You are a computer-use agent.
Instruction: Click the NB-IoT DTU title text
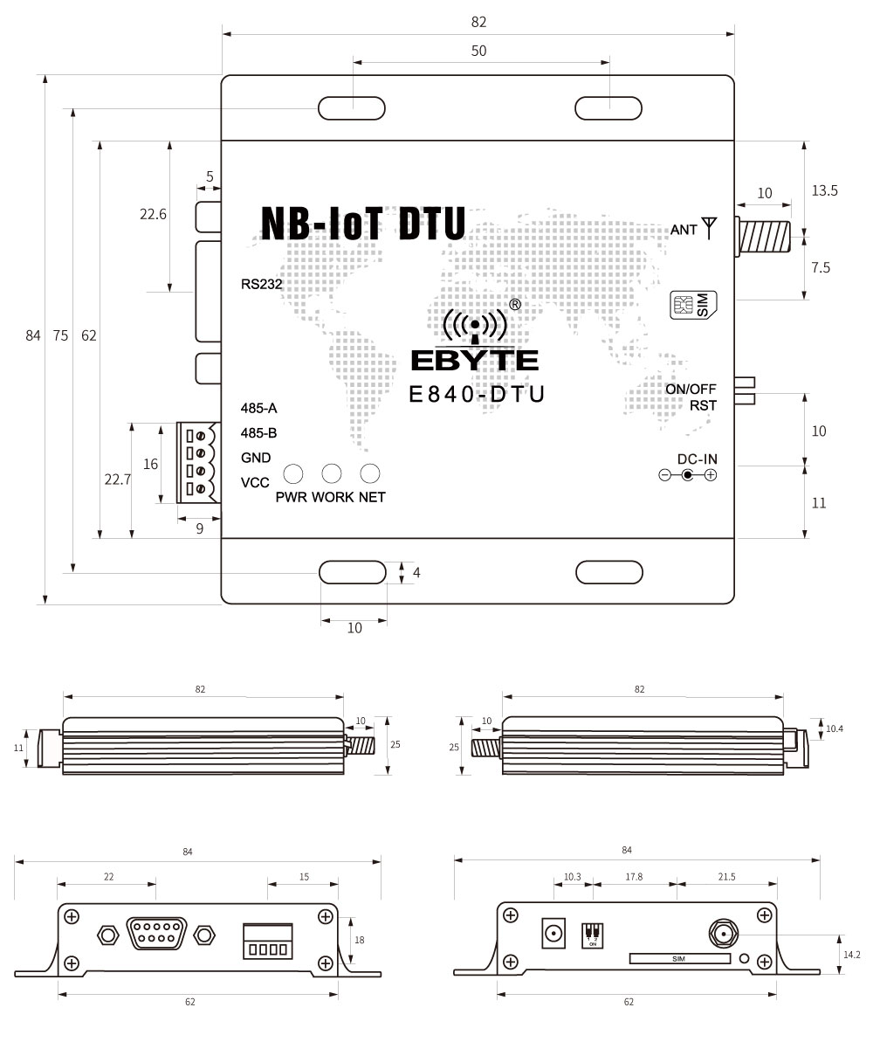click(x=363, y=224)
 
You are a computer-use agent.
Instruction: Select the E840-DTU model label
click(x=477, y=395)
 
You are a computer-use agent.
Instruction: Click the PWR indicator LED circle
click(x=292, y=473)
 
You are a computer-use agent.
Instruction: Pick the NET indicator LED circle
click(x=371, y=473)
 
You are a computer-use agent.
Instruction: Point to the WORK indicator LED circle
click(x=332, y=473)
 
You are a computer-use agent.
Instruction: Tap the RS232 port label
click(x=263, y=283)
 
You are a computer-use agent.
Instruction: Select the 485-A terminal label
click(x=258, y=408)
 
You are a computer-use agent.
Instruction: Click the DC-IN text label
click(x=698, y=459)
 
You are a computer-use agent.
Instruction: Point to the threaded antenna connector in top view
click(x=765, y=236)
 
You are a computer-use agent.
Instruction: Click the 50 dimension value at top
click(x=478, y=51)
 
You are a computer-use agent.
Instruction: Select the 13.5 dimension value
click(x=824, y=190)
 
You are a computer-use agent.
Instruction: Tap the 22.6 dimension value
click(x=153, y=214)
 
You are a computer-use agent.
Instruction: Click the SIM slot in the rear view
click(x=679, y=959)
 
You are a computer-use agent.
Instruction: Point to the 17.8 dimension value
click(x=635, y=876)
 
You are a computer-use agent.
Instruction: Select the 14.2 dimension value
click(x=851, y=955)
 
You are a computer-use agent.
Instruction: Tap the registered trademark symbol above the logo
click(x=515, y=305)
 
